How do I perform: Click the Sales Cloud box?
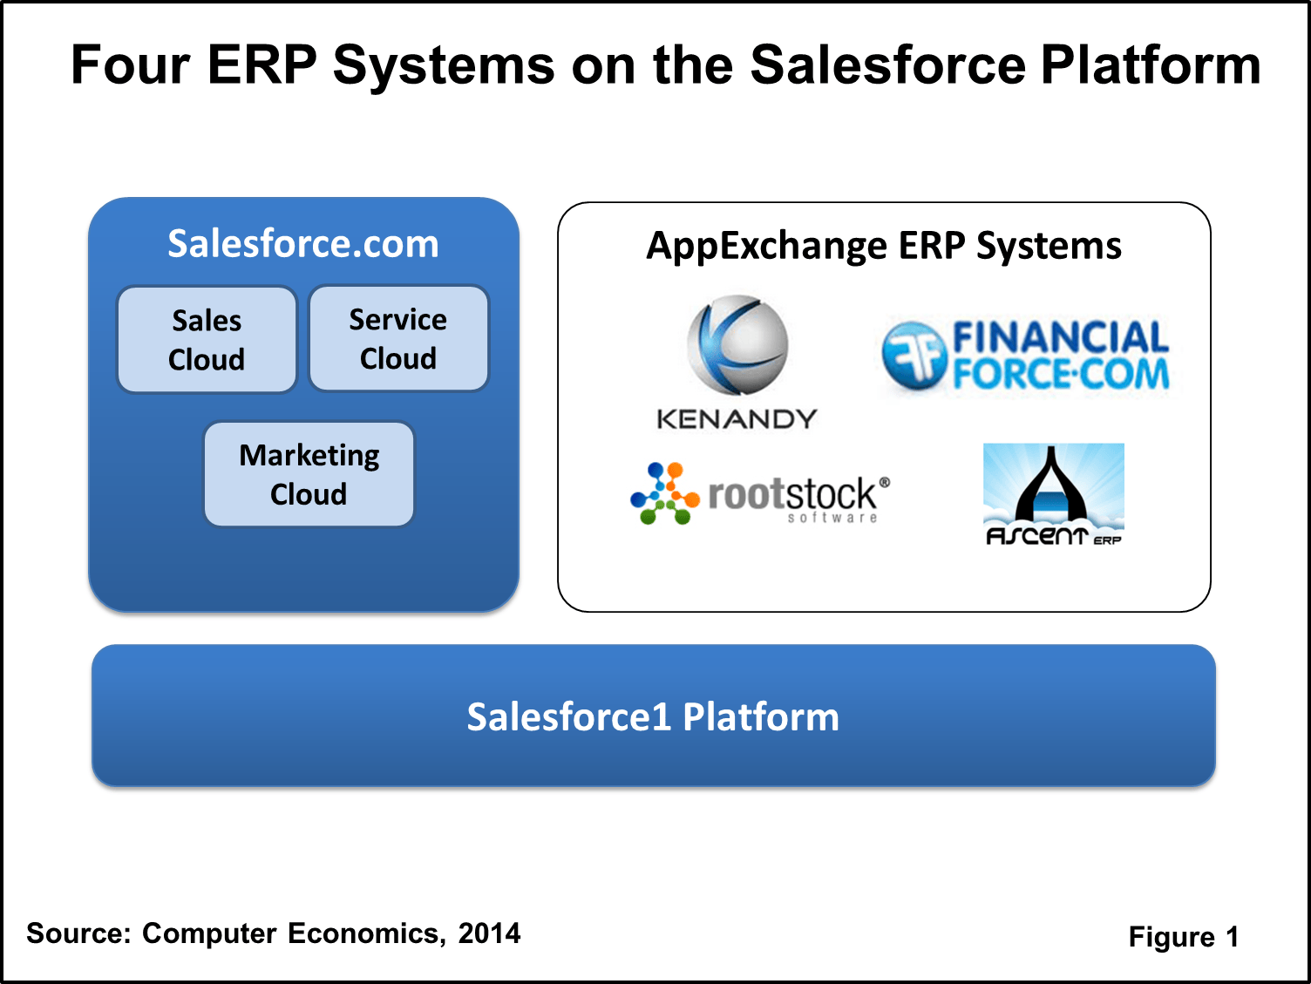207,340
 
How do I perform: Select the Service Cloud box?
398,338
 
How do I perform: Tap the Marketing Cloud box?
309,474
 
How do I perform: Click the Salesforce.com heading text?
303,243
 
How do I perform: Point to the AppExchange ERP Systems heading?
883,246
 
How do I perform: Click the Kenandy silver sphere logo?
737,346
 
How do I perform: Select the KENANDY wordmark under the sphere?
737,419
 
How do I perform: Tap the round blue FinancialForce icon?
914,355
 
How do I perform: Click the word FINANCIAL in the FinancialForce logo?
1060,337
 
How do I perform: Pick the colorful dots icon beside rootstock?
664,494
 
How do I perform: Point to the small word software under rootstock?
832,518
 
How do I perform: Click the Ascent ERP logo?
1053,494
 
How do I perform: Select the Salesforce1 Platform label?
653,716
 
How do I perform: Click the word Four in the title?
130,64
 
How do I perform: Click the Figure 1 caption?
1183,937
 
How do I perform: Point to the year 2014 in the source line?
489,933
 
